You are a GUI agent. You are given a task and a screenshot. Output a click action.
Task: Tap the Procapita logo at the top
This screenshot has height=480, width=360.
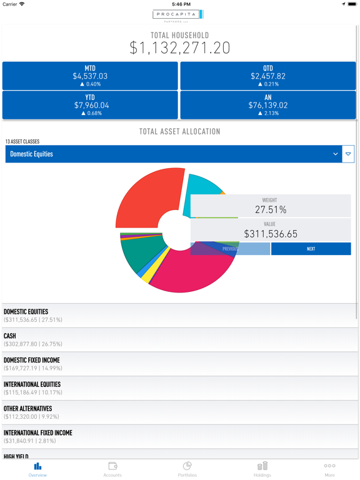[178, 15]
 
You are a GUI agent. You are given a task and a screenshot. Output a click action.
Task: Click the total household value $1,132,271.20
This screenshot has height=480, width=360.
[180, 47]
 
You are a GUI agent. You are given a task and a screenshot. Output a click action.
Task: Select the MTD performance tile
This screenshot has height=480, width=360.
[90, 76]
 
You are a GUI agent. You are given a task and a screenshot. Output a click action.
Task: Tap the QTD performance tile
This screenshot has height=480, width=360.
[268, 76]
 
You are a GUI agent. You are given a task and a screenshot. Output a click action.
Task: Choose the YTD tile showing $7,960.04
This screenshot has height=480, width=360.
[90, 105]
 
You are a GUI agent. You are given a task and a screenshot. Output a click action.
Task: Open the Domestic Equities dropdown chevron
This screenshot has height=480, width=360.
[336, 154]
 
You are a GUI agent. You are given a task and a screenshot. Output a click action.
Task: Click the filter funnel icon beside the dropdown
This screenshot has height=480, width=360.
[348, 154]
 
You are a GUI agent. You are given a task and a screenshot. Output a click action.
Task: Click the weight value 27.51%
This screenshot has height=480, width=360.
[270, 210]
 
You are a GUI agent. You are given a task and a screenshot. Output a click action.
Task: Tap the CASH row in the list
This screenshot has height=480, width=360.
[180, 339]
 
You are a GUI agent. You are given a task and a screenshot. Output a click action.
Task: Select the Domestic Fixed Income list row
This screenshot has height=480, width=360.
[180, 364]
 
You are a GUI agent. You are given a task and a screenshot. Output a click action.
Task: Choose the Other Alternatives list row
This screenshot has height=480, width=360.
[180, 412]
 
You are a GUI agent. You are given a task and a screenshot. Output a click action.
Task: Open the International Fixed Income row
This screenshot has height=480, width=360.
[180, 436]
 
